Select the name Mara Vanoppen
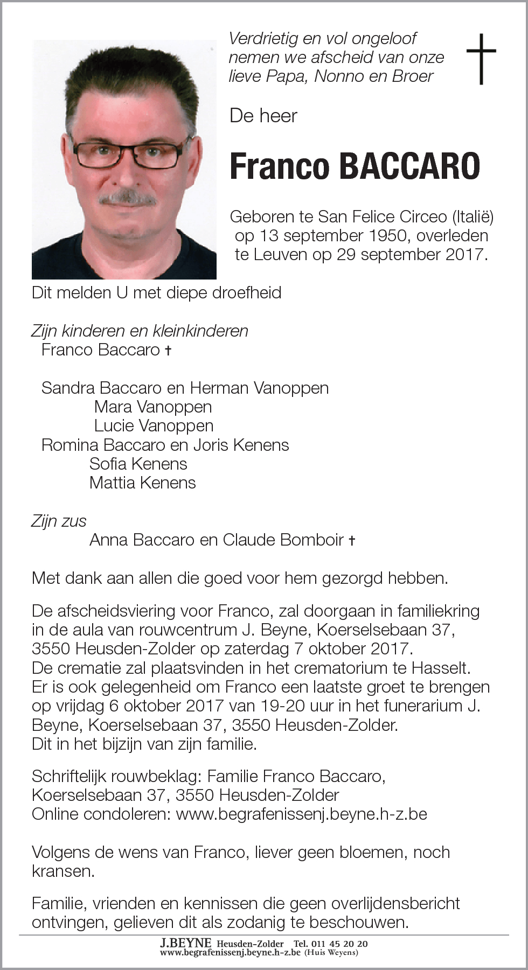(x=153, y=407)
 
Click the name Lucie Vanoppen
(x=154, y=426)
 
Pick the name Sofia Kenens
(x=138, y=464)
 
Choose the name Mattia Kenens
(x=143, y=483)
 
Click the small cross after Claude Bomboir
(x=352, y=541)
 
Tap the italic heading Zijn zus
(x=59, y=521)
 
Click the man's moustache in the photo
(x=128, y=198)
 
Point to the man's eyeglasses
(x=129, y=154)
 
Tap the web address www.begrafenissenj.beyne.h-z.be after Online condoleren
(x=301, y=814)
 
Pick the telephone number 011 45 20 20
(x=340, y=944)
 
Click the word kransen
(x=62, y=871)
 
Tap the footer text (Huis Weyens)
(x=331, y=952)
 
